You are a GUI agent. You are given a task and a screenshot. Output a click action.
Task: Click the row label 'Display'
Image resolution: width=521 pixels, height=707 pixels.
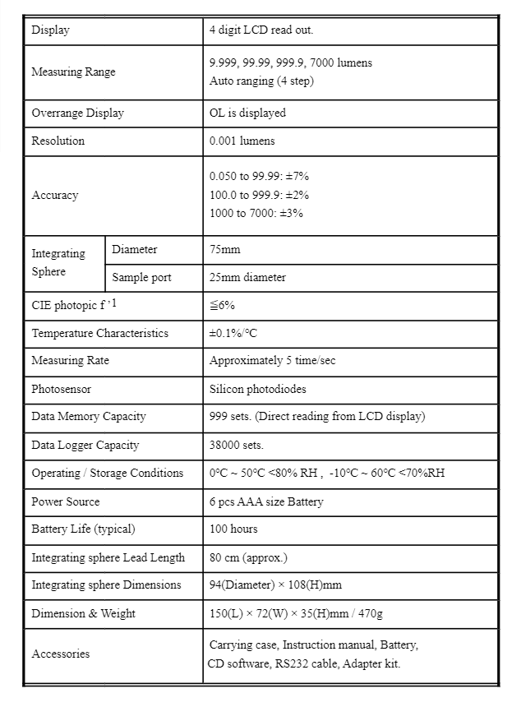coord(50,30)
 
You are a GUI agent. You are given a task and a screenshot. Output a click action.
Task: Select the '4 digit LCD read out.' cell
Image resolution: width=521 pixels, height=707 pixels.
coord(261,30)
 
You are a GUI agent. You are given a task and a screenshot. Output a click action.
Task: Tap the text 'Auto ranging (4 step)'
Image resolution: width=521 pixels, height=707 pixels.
coord(261,81)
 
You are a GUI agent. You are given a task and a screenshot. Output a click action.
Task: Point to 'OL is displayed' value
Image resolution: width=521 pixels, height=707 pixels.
coord(247,113)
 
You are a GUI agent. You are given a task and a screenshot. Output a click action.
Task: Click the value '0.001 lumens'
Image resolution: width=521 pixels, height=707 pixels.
coord(242,141)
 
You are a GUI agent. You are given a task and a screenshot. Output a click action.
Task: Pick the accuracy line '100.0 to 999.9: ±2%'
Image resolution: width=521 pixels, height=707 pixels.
coord(259,195)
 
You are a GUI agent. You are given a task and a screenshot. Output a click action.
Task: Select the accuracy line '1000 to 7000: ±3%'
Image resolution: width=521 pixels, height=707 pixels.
coord(256,213)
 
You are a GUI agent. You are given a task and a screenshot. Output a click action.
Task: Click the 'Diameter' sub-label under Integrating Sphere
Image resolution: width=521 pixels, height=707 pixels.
coord(134,249)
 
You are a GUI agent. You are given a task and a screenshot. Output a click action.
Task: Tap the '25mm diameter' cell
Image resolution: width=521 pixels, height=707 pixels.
coord(247,277)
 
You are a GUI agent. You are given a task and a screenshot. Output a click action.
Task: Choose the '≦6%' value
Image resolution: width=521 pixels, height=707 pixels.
coord(222,305)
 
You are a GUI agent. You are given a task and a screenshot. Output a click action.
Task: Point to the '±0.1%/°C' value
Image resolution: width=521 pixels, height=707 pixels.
coord(233,333)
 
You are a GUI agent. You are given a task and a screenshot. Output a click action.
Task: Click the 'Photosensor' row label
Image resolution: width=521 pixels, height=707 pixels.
coord(61,389)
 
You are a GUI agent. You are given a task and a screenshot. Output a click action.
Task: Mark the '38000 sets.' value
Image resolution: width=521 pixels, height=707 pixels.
coord(236,445)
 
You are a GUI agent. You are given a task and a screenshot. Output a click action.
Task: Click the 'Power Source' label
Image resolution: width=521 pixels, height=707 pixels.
coord(66,501)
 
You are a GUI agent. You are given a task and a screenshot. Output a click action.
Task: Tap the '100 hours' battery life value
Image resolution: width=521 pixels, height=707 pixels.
coord(233,529)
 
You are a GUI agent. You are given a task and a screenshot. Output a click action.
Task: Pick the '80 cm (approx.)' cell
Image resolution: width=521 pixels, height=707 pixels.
coord(248,557)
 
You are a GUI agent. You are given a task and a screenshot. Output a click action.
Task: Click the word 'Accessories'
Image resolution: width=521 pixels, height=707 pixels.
coord(61,654)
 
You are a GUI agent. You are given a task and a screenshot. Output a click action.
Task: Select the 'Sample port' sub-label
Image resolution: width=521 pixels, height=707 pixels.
coord(141,277)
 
